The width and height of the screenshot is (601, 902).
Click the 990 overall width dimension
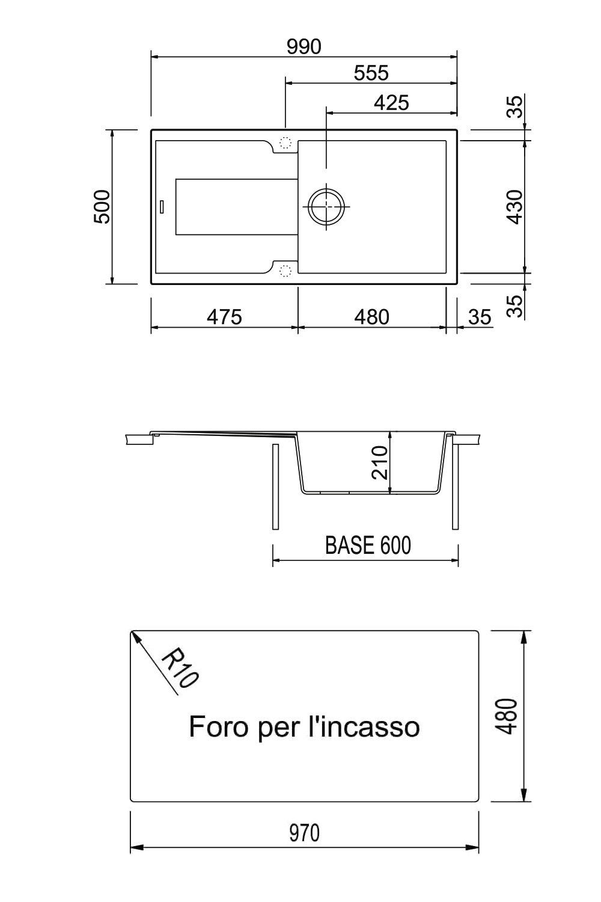pos(304,47)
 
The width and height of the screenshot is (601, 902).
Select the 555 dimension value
pos(371,73)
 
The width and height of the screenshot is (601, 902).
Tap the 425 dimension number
pos(391,103)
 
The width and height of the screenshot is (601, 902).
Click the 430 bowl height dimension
pos(515,207)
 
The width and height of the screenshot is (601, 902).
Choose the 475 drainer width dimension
pos(224,317)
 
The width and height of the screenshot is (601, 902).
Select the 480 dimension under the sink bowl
pos(371,317)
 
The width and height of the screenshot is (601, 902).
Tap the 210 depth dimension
pos(380,462)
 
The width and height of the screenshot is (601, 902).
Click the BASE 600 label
pos(368,545)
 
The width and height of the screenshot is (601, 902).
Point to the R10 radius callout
pos(180,667)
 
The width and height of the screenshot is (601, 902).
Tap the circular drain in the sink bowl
pos(326,206)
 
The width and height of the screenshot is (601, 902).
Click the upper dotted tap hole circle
pos(285,143)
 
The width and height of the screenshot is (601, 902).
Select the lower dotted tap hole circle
pos(285,271)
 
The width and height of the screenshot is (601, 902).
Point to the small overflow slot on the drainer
pos(162,206)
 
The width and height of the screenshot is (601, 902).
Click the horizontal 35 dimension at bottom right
pos(480,317)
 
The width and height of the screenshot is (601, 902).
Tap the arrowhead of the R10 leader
pos(135,637)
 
